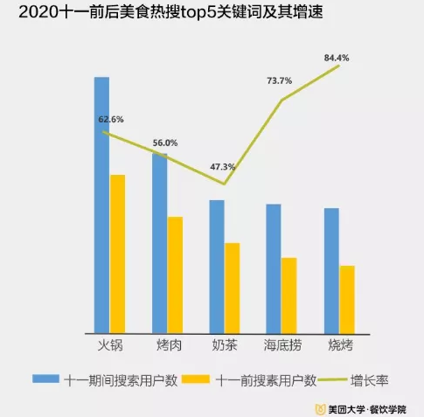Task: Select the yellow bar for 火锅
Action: pyautogui.click(x=117, y=253)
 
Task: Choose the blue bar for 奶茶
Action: pyautogui.click(x=217, y=266)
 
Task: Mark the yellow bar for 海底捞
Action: pyautogui.click(x=289, y=295)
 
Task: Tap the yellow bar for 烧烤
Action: pyautogui.click(x=347, y=298)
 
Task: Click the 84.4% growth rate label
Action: pyautogui.click(x=337, y=59)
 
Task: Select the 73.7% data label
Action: pyautogui.click(x=279, y=81)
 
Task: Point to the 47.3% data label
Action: pyautogui.click(x=223, y=166)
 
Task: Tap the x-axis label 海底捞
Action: pyautogui.click(x=282, y=344)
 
